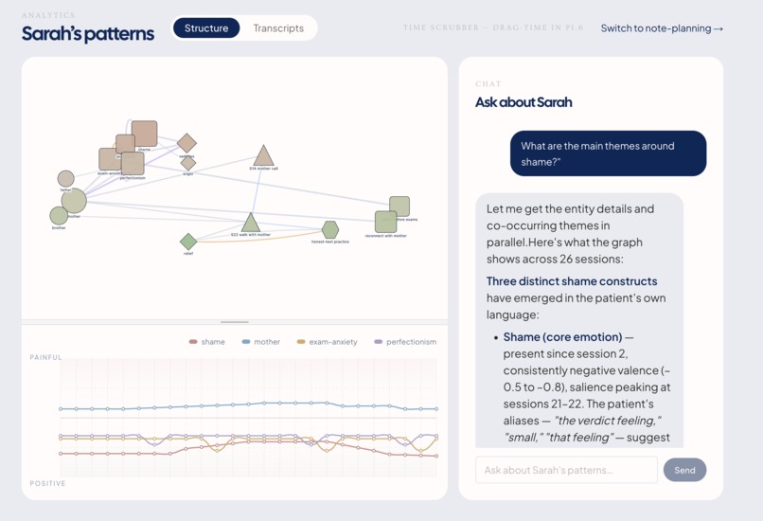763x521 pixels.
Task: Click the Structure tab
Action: point(206,28)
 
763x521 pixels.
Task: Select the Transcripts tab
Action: point(278,28)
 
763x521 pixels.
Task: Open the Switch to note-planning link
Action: point(662,28)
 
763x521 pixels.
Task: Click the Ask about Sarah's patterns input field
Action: point(566,470)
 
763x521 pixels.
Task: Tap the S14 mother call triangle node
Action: point(263,157)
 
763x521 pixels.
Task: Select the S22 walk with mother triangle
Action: point(250,224)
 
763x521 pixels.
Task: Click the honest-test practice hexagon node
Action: point(329,230)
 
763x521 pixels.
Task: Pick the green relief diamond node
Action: point(188,242)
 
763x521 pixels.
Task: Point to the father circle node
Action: point(65,179)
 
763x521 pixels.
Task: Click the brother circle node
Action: point(59,216)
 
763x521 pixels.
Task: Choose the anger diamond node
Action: point(188,163)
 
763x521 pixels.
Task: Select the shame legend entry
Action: point(207,342)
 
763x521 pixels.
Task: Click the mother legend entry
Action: point(261,342)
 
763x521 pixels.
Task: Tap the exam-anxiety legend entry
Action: point(327,342)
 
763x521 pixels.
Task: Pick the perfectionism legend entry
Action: point(406,342)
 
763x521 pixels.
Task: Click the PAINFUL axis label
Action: point(45,358)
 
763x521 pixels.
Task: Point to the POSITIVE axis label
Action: point(47,484)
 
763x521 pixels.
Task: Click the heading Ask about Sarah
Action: point(523,102)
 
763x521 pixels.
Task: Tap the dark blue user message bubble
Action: point(608,153)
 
